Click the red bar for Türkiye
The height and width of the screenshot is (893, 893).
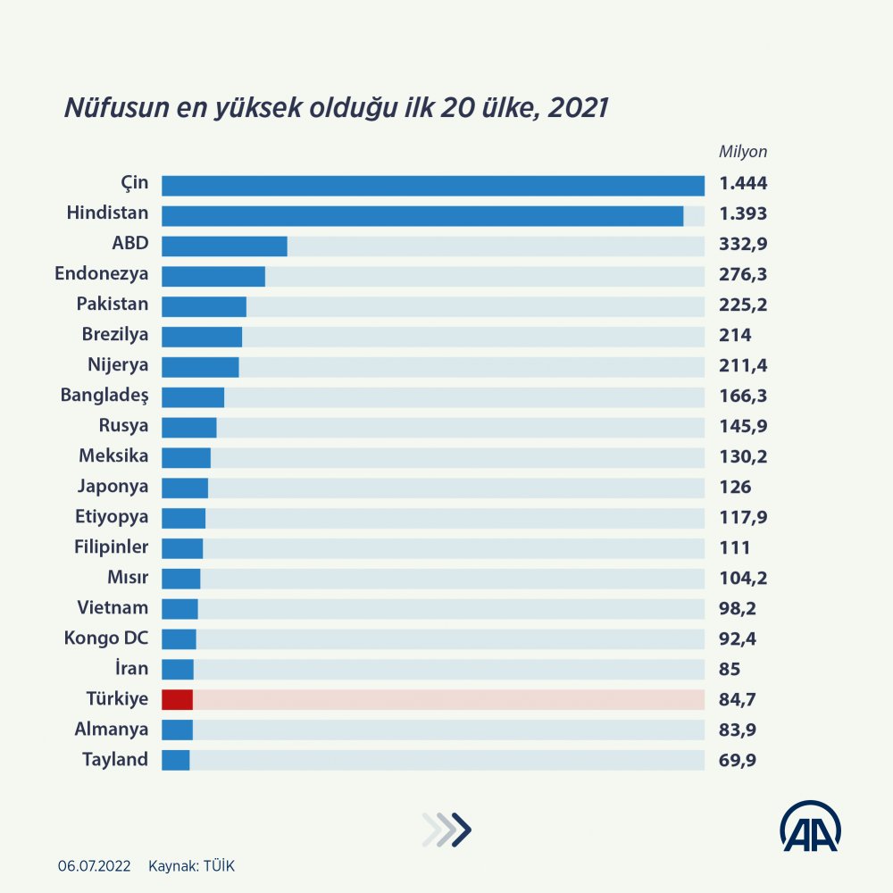tap(177, 699)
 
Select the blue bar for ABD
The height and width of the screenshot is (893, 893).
tap(224, 246)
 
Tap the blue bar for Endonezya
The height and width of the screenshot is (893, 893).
tap(213, 276)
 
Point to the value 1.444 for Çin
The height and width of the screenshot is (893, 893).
tap(743, 185)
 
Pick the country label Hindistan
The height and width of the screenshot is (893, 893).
tap(107, 214)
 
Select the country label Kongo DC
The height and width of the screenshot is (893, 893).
tap(105, 638)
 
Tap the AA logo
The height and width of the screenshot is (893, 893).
tap(811, 826)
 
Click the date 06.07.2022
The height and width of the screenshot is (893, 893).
tap(95, 866)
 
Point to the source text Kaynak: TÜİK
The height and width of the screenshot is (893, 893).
tap(192, 866)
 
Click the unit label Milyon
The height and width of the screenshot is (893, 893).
tap(743, 152)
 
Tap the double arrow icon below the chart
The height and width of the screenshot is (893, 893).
tap(446, 830)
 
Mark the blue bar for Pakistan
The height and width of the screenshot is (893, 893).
tap(204, 306)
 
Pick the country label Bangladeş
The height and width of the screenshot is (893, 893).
tap(104, 396)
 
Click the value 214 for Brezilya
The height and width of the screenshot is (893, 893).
tap(735, 336)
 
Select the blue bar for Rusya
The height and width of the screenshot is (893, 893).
tap(188, 427)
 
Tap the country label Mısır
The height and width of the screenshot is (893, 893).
tap(128, 578)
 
